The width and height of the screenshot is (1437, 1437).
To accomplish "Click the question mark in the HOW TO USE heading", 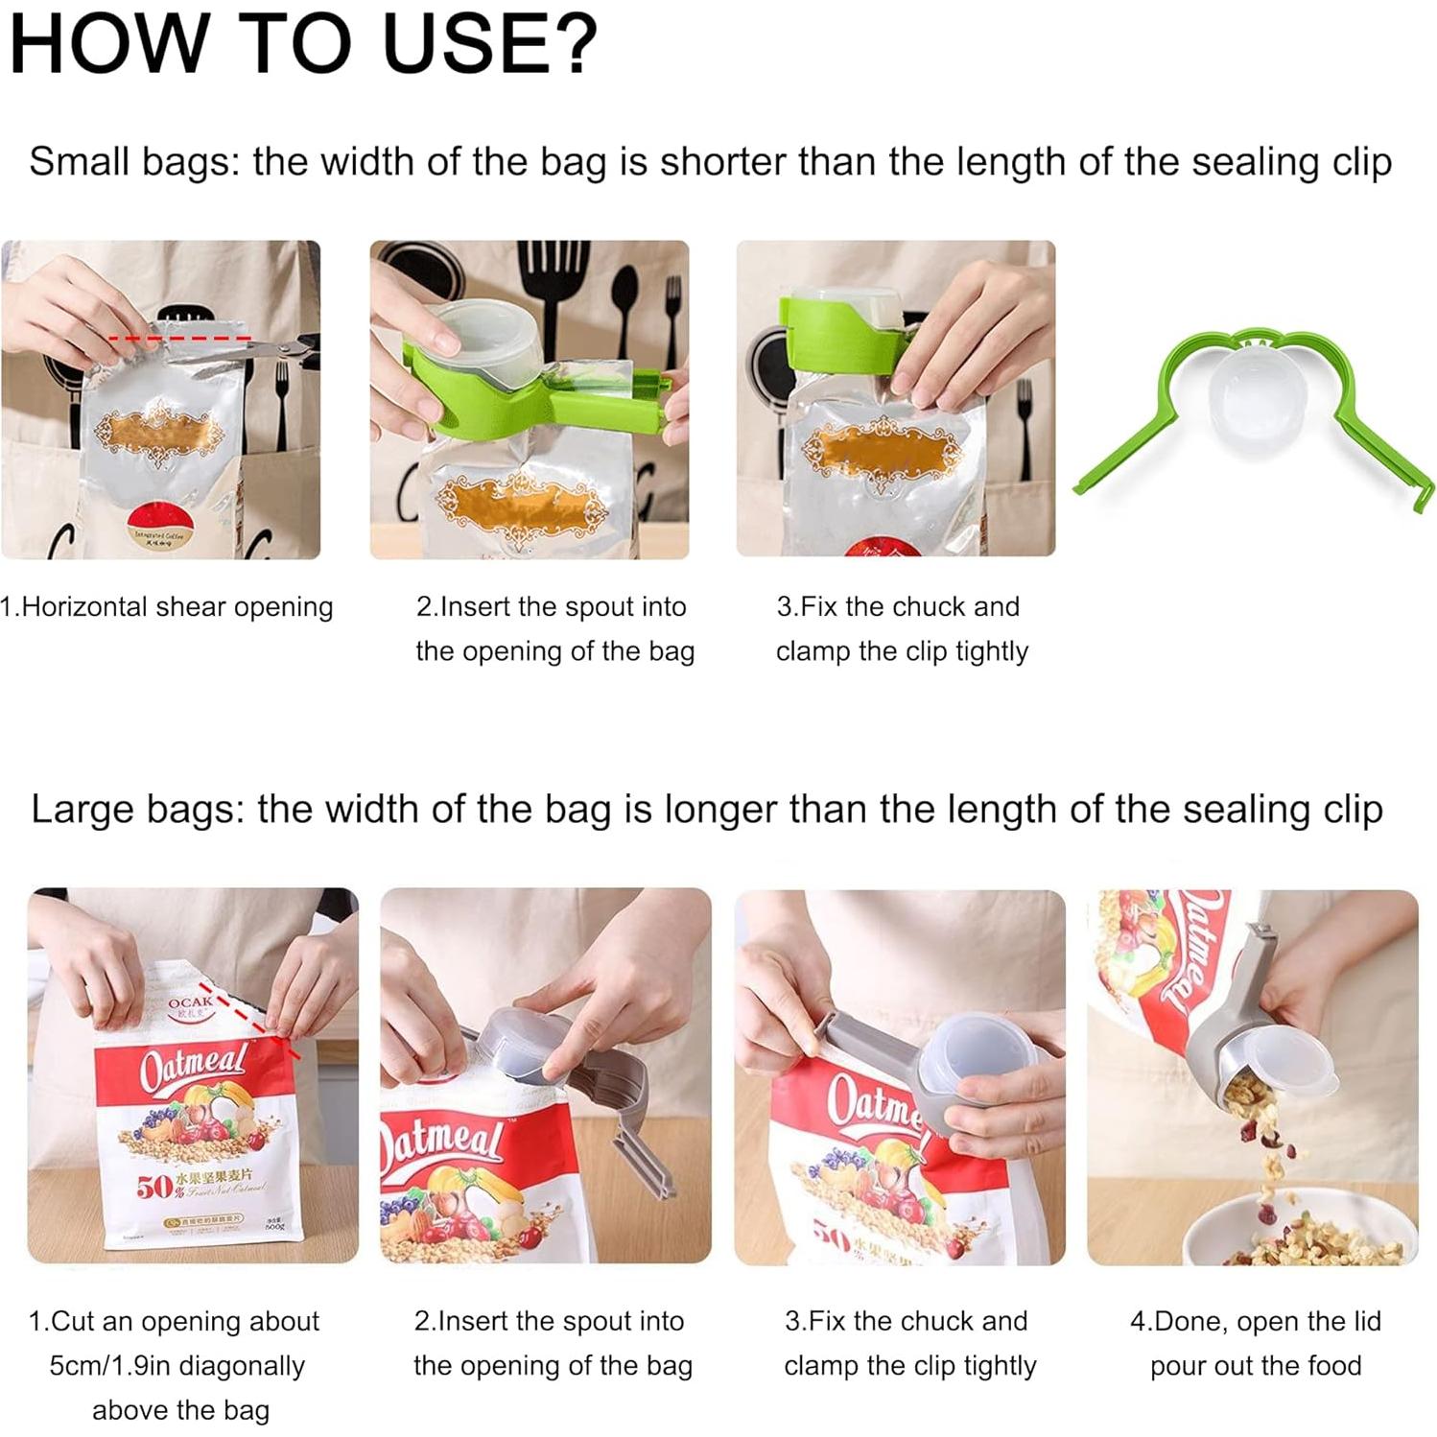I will coord(575,43).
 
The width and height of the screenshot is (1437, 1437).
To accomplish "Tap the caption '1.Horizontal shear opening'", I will coord(167,607).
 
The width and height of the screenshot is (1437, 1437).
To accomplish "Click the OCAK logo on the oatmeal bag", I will coord(189,1003).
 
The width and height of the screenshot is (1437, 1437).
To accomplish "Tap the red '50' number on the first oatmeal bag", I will coord(153,1188).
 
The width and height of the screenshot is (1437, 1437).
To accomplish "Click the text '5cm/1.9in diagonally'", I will coord(177,1365).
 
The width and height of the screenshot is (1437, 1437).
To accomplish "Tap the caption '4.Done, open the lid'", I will coord(1255,1321).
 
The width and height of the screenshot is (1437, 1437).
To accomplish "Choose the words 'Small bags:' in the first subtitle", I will coord(133,161).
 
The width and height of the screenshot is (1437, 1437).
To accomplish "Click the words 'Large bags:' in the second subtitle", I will coord(137,809).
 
